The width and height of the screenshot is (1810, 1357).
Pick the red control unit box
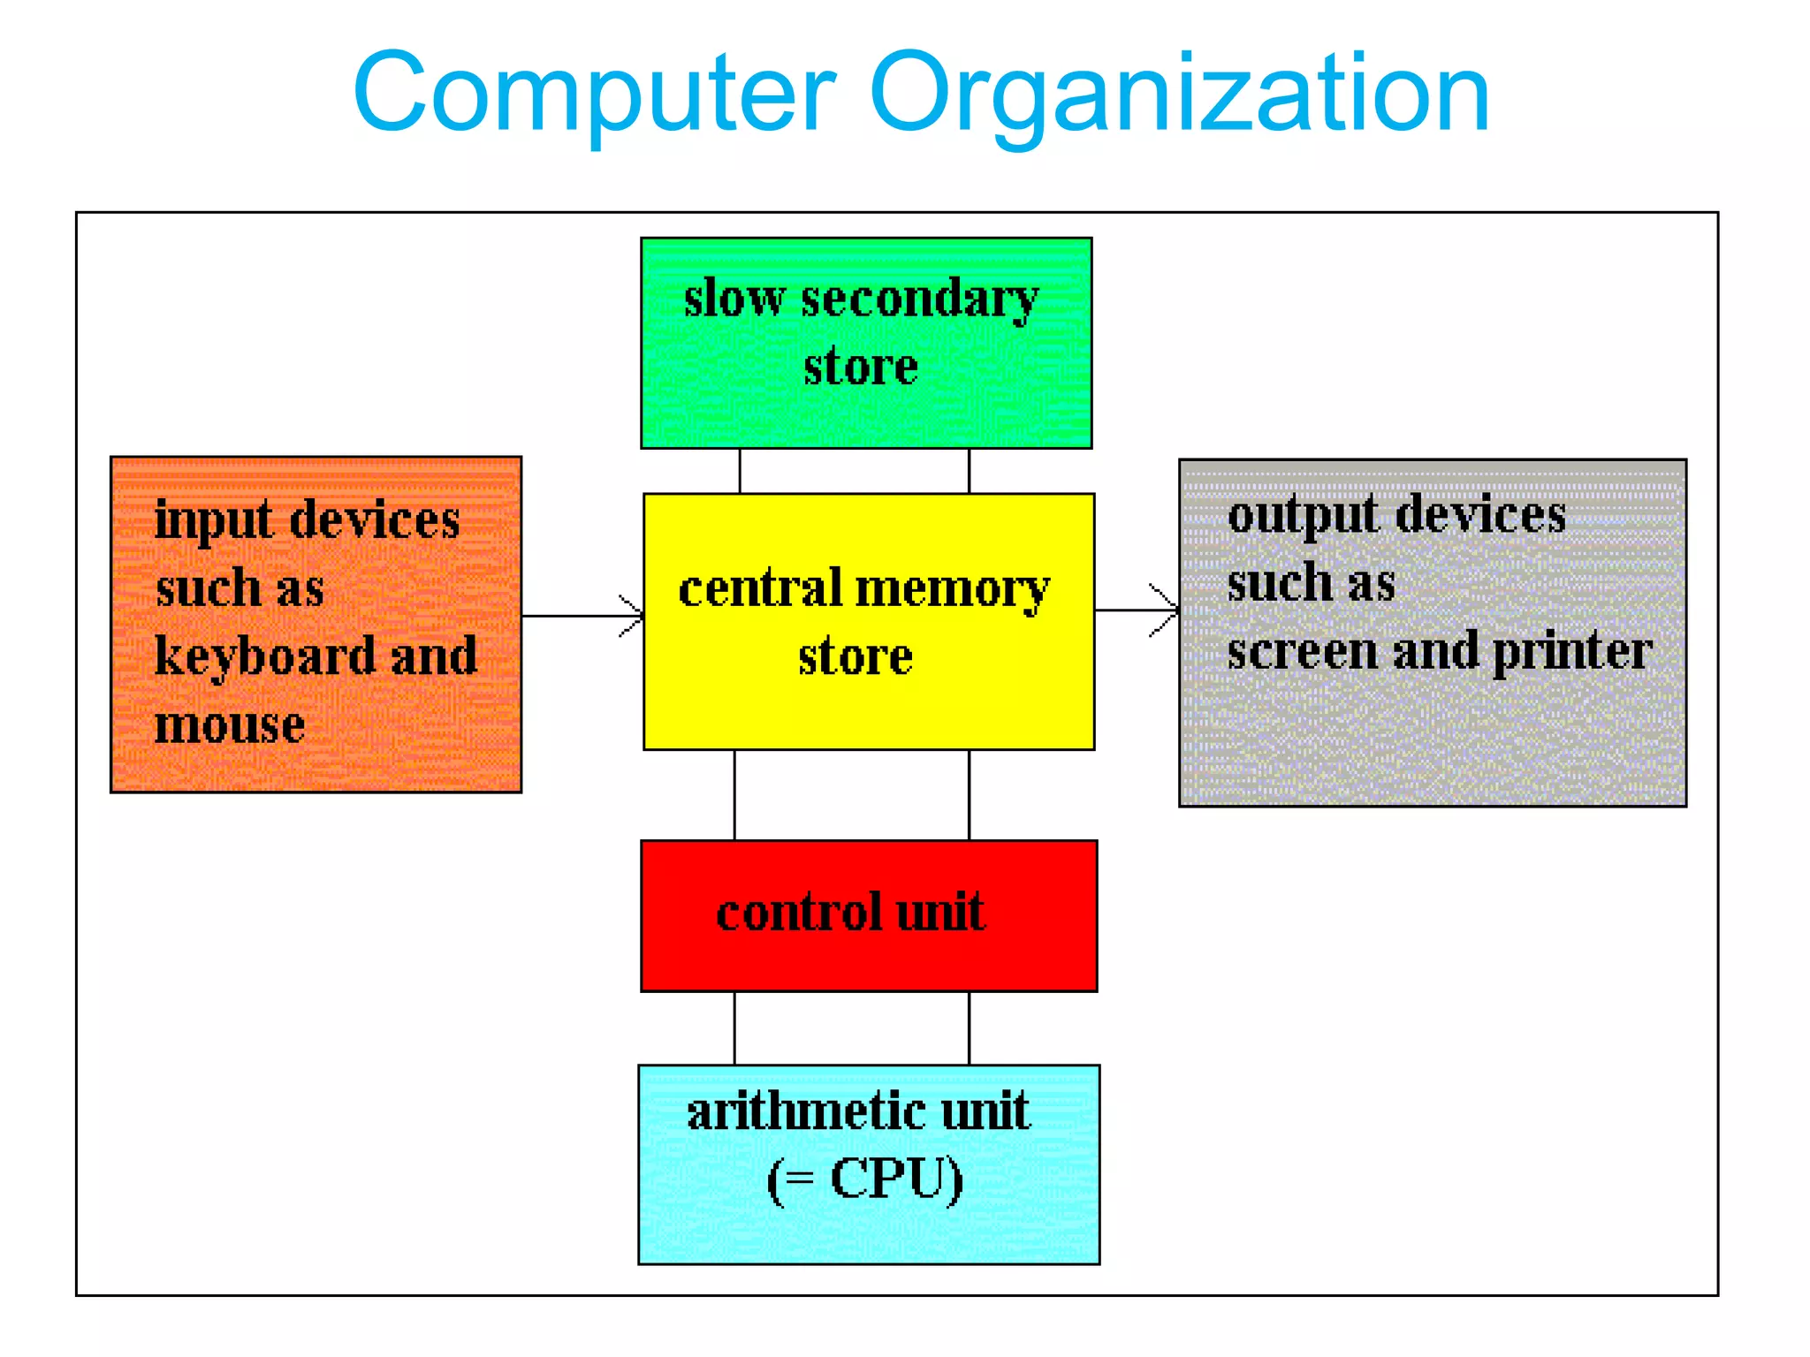point(869,959)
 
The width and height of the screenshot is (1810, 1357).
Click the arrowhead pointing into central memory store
point(635,616)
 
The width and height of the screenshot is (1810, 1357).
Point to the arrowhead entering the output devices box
point(1168,610)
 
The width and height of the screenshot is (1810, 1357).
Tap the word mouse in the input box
point(230,725)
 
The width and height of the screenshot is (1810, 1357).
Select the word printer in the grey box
point(1571,653)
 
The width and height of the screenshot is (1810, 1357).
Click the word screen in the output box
point(1302,653)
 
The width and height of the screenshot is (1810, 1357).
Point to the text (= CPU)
point(865,1179)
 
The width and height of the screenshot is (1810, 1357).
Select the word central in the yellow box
point(760,589)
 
